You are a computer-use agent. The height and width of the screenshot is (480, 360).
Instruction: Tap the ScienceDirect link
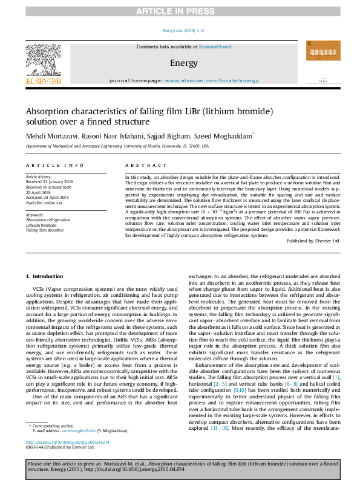(215, 46)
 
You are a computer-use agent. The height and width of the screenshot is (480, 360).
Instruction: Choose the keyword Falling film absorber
(44, 230)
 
